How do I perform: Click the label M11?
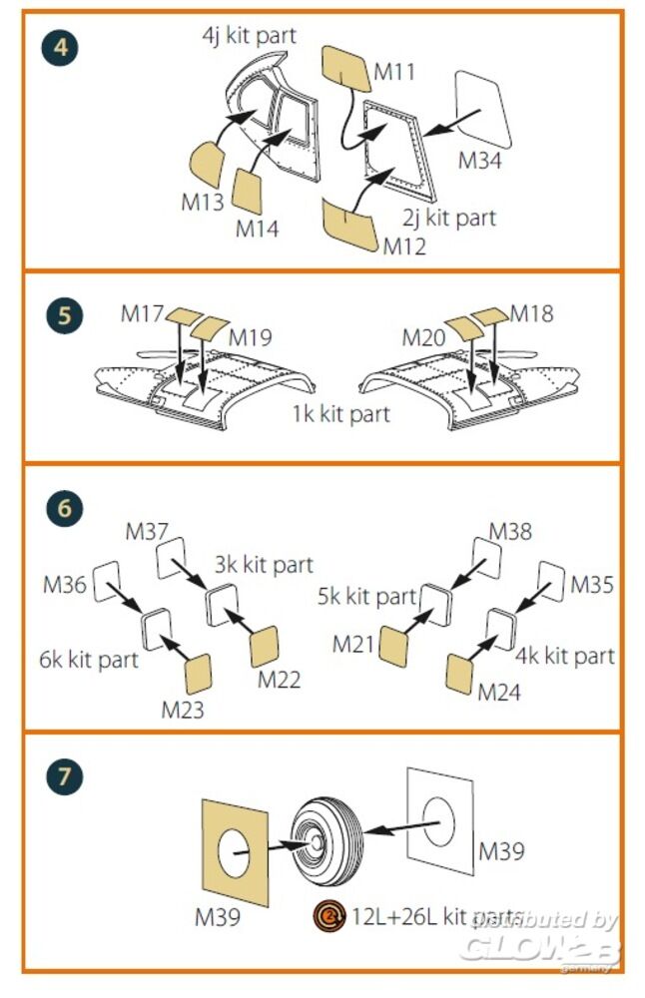394,72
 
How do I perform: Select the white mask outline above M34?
483,108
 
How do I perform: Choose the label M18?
531,313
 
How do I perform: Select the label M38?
511,532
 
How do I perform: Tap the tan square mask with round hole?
236,852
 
